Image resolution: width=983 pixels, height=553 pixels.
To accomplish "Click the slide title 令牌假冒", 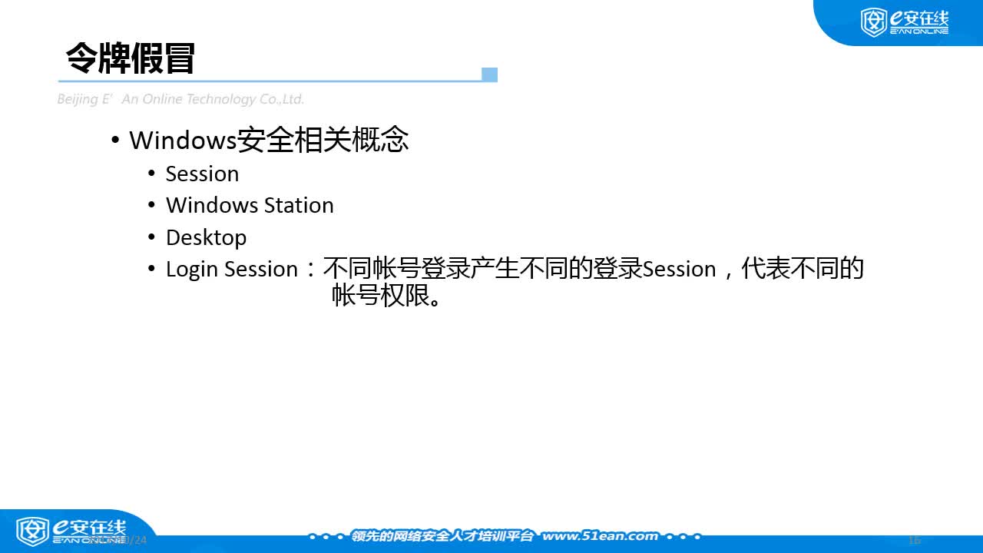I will click(x=131, y=58).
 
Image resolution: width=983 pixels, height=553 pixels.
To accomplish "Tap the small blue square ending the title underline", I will click(x=489, y=75).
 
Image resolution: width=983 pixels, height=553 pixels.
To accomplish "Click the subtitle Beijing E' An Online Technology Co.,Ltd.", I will click(x=180, y=99).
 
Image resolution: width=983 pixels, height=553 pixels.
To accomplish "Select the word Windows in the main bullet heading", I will click(x=182, y=141).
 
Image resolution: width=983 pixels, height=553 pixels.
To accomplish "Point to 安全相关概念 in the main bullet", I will click(x=322, y=140).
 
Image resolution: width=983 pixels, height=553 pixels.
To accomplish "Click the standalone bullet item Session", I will click(x=202, y=174).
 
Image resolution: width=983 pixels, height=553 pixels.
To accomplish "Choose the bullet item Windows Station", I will click(x=250, y=205).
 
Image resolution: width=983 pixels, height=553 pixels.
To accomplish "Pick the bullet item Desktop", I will click(x=206, y=237).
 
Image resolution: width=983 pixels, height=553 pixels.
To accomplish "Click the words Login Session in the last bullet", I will click(x=231, y=269).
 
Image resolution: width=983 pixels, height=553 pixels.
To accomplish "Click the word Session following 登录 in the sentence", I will click(x=679, y=269).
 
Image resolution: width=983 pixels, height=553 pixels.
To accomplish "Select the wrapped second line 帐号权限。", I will click(x=388, y=296).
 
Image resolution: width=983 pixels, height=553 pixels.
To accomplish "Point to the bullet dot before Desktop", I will click(x=151, y=237).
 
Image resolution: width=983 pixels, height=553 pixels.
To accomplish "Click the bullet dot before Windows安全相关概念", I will click(x=115, y=141).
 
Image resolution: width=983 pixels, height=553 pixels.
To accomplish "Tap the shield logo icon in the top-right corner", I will click(x=873, y=22).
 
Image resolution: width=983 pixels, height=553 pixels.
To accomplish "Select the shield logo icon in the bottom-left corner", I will click(x=32, y=531).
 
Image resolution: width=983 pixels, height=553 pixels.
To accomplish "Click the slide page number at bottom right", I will click(x=914, y=539).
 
